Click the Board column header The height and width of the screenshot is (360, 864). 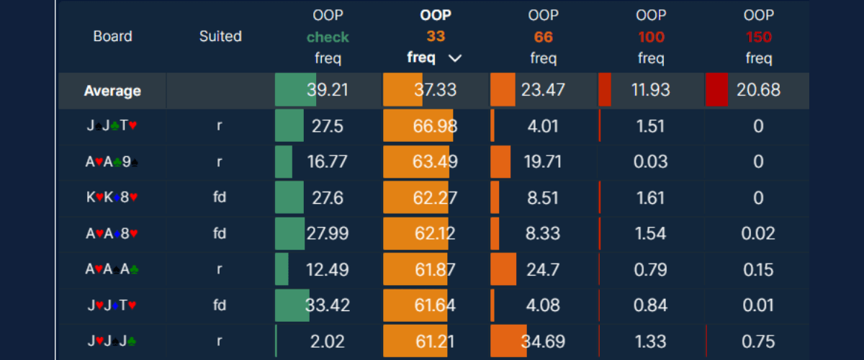click(x=112, y=37)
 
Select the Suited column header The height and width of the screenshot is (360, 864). click(x=220, y=37)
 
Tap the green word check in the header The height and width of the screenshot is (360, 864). click(x=328, y=37)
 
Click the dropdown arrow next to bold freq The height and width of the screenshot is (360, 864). click(x=454, y=59)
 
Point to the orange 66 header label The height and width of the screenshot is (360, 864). click(x=544, y=37)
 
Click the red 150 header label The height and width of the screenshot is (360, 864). click(x=759, y=37)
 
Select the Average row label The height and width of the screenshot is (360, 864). click(x=112, y=91)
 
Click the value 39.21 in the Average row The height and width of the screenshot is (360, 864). click(x=328, y=90)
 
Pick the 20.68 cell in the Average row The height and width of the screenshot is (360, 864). click(x=758, y=90)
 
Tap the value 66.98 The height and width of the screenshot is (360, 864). click(x=435, y=126)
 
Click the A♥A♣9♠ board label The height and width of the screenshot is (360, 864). click(x=112, y=162)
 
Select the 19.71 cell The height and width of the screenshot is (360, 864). click(x=543, y=162)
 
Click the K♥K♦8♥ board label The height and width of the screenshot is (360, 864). click(x=112, y=197)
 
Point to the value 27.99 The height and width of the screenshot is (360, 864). click(x=328, y=233)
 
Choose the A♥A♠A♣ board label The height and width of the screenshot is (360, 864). click(x=112, y=269)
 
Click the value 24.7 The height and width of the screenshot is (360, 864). click(x=543, y=269)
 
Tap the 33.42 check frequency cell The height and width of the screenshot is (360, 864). click(x=328, y=305)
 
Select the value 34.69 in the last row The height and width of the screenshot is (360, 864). click(x=543, y=341)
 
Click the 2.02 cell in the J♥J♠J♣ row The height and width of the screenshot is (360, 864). click(x=328, y=341)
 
